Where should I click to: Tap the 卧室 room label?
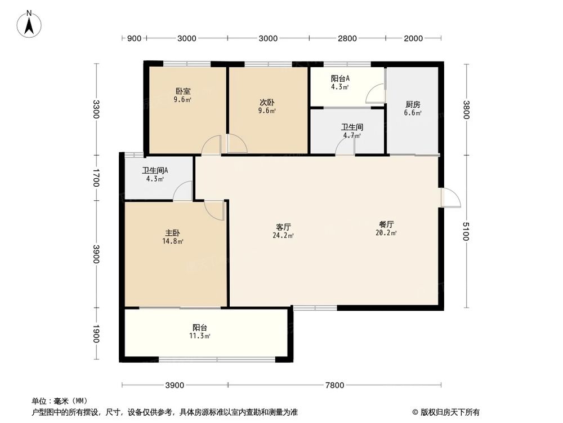[x=182, y=91]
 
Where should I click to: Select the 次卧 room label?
[x=267, y=103]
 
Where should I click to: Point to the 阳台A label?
[x=340, y=79]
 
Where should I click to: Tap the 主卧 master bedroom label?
[x=173, y=233]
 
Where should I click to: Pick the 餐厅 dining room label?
[x=387, y=224]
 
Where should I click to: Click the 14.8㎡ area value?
[x=173, y=241]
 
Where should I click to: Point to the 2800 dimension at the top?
[x=347, y=38]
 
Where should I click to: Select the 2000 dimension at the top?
[x=413, y=38]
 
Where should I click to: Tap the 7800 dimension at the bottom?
[x=335, y=385]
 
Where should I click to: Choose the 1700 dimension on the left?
[x=96, y=178]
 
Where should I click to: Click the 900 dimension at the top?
[x=133, y=38]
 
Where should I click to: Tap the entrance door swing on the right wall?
[x=452, y=197]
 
